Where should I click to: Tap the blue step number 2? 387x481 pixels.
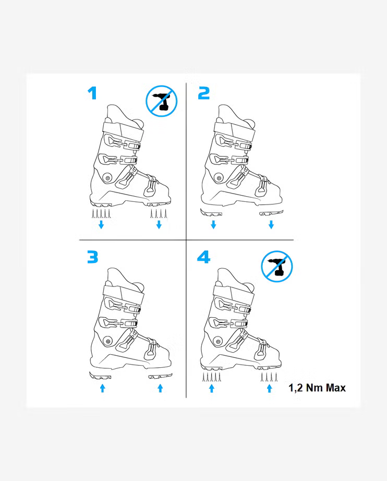pos(203,93)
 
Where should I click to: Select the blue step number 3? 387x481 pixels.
pos(93,257)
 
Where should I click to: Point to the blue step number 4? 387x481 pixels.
pos(203,257)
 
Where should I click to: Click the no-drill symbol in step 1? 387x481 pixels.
pos(161,101)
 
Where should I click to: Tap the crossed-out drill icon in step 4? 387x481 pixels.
pos(277,266)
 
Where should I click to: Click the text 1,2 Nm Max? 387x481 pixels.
pos(317,388)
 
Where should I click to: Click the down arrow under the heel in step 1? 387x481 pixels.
pos(101,224)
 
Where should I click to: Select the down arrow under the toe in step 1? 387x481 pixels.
pos(159,224)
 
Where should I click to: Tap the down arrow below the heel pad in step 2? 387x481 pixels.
pos(213,224)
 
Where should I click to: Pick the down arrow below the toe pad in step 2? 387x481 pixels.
pos(271,224)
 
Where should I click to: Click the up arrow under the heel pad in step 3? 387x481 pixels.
pos(102,388)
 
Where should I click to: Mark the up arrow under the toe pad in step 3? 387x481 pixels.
pos(160,388)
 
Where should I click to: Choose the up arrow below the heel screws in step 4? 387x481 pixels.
pos(212,388)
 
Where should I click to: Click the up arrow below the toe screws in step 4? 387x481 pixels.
pos(269,388)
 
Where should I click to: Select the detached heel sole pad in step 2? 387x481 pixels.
pos(211,212)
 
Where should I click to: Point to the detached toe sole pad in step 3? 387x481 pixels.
pos(160,376)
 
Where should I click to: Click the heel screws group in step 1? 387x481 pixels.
pos(101,213)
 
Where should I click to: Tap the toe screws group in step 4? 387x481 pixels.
pos(269,377)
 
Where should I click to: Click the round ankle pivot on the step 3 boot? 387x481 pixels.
pos(107,341)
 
